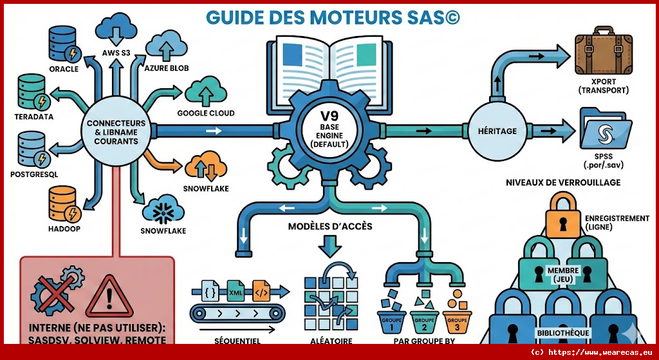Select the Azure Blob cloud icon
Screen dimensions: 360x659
coord(166,44)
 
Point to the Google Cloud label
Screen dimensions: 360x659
coord(205,113)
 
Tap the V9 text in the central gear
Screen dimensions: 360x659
coord(329,117)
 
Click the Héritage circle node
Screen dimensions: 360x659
coord(497,131)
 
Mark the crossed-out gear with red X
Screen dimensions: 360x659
coord(55,294)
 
